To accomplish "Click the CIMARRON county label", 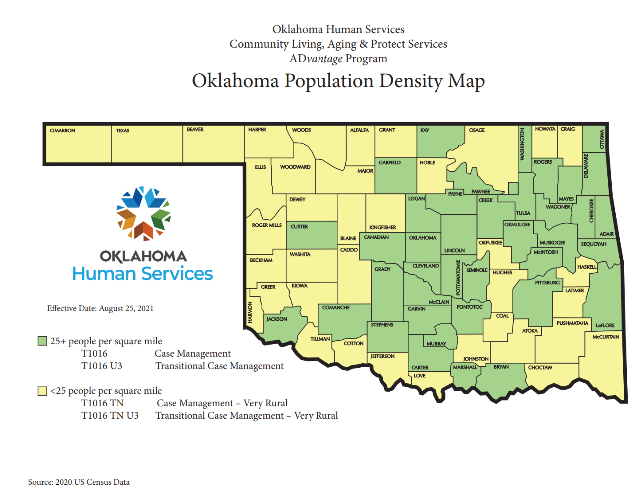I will [x=62, y=131].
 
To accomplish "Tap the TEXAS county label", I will [x=122, y=131].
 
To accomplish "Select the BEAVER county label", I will [x=195, y=130].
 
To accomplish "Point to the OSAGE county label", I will [x=477, y=130].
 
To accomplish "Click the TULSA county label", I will [x=523, y=213].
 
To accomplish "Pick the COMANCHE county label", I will [x=336, y=308].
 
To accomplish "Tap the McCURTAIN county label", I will [x=606, y=337].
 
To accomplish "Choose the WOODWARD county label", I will [x=295, y=167].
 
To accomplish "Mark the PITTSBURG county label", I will [x=547, y=283].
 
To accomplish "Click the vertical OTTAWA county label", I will [x=602, y=139].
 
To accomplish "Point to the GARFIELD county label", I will [x=390, y=163].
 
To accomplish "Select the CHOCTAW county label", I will [x=540, y=368].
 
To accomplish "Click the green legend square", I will [x=43, y=341].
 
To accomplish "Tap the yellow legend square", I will [x=43, y=391].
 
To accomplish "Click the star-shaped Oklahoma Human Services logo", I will [x=143, y=213].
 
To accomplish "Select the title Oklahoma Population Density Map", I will [x=338, y=81].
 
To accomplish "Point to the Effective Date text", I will [x=100, y=308].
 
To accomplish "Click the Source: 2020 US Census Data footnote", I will [x=79, y=482].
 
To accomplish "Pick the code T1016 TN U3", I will [x=110, y=416].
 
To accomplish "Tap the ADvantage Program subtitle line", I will [x=338, y=59].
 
